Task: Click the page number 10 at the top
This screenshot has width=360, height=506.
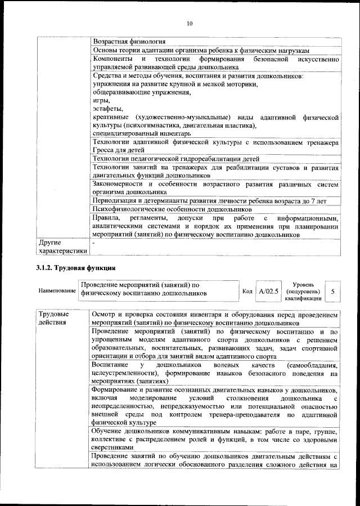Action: pyautogui.click(x=190, y=23)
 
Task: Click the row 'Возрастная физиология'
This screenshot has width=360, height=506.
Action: pyautogui.click(x=129, y=42)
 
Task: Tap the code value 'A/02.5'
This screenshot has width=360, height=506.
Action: pyautogui.click(x=268, y=292)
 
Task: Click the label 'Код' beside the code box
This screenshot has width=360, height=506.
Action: pyautogui.click(x=247, y=292)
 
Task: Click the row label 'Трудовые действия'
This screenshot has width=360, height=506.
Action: pyautogui.click(x=54, y=318)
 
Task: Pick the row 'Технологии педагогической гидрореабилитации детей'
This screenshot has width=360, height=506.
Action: pyautogui.click(x=176, y=159)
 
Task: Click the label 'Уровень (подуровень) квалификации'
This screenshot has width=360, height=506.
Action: pyautogui.click(x=303, y=292)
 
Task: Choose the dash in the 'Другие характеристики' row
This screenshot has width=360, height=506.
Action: pyautogui.click(x=94, y=243)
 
